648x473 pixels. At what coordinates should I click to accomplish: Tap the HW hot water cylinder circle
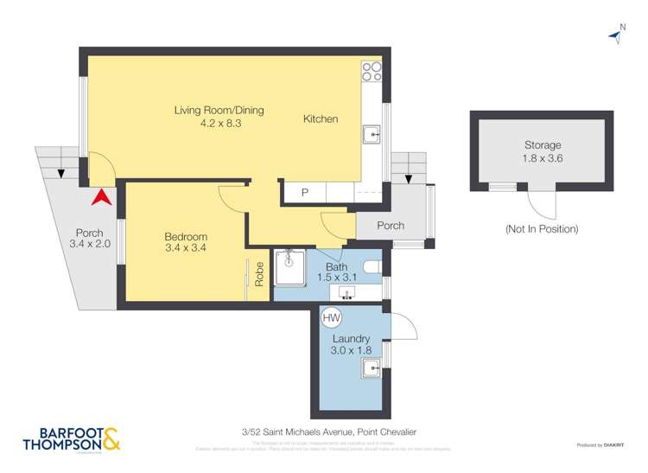click(331, 318)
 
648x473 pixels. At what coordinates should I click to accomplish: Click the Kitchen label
click(320, 119)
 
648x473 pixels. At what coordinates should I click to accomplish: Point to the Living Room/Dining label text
click(219, 111)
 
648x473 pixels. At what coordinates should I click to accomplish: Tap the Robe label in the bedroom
click(259, 274)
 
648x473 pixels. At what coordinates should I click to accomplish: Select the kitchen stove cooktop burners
click(372, 72)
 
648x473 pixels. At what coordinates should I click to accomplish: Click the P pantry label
click(304, 193)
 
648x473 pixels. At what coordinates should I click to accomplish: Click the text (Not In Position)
click(542, 229)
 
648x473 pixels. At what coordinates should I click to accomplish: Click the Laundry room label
click(351, 338)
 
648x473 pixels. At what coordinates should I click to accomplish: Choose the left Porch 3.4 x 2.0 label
click(89, 239)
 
